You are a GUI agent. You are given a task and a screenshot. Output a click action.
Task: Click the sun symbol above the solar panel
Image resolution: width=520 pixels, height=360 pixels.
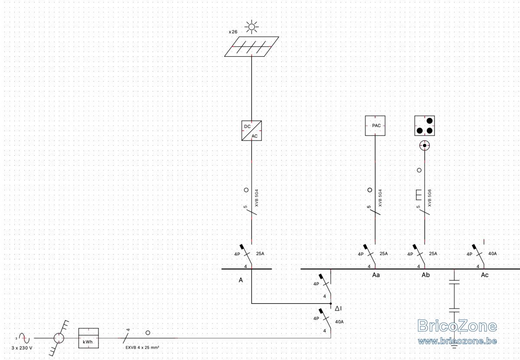[x=251, y=27]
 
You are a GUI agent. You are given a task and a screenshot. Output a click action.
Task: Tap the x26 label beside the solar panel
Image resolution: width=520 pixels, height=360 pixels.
[x=233, y=32]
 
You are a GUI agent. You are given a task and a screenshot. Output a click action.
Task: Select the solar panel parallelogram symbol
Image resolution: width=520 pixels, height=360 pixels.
[x=251, y=46]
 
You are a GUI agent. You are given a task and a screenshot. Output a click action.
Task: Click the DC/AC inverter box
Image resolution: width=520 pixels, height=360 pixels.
[x=251, y=131]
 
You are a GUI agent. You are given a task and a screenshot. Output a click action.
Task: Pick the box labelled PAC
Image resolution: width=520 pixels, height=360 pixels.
[x=375, y=125]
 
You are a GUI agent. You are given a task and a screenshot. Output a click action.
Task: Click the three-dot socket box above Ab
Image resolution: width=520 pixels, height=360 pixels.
[x=425, y=125]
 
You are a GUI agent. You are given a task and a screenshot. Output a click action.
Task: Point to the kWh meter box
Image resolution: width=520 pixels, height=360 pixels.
[x=88, y=338]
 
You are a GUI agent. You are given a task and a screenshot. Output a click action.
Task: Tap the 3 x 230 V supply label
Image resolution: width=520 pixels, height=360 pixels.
[x=22, y=348]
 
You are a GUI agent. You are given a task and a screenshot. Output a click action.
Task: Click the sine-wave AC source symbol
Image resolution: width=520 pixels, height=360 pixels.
[x=24, y=338]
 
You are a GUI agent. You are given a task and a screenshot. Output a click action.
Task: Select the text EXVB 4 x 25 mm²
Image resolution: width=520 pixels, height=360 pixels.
[x=142, y=348]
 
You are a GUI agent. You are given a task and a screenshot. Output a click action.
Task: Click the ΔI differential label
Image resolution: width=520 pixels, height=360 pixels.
[x=338, y=308]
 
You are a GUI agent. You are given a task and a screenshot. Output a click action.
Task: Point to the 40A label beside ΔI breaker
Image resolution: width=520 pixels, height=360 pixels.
[x=339, y=322]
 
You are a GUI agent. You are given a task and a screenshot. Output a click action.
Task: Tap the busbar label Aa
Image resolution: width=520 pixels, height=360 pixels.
[x=376, y=275]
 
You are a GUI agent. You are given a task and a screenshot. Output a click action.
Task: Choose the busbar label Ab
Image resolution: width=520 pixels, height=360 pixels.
[x=426, y=275]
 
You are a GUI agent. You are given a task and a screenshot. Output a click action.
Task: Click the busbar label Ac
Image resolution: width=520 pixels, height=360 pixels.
[x=484, y=275]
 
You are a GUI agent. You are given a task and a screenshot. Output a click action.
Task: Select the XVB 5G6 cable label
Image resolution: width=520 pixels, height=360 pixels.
[x=429, y=198]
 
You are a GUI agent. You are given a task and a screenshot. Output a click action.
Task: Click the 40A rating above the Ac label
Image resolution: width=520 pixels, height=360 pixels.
[x=492, y=254]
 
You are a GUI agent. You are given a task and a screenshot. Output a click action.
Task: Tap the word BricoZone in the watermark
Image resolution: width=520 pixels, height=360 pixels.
[x=457, y=326]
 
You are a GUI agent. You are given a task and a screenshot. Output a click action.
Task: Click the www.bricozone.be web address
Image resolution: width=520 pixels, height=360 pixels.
[x=457, y=341]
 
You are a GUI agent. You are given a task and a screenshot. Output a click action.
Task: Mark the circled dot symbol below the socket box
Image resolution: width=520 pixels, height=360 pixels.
[x=425, y=145]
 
